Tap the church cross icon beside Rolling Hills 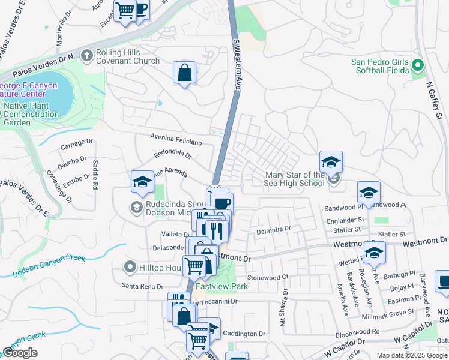tap(87, 56)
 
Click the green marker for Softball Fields tap(418, 67)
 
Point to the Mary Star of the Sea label tap(295, 179)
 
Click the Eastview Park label tap(224, 286)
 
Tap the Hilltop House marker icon tap(129, 266)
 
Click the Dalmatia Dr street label tap(274, 229)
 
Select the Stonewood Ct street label tap(268, 277)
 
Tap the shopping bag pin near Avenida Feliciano tap(185, 73)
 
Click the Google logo tap(20, 353)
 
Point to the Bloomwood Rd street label tap(359, 331)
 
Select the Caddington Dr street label tap(244, 333)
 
